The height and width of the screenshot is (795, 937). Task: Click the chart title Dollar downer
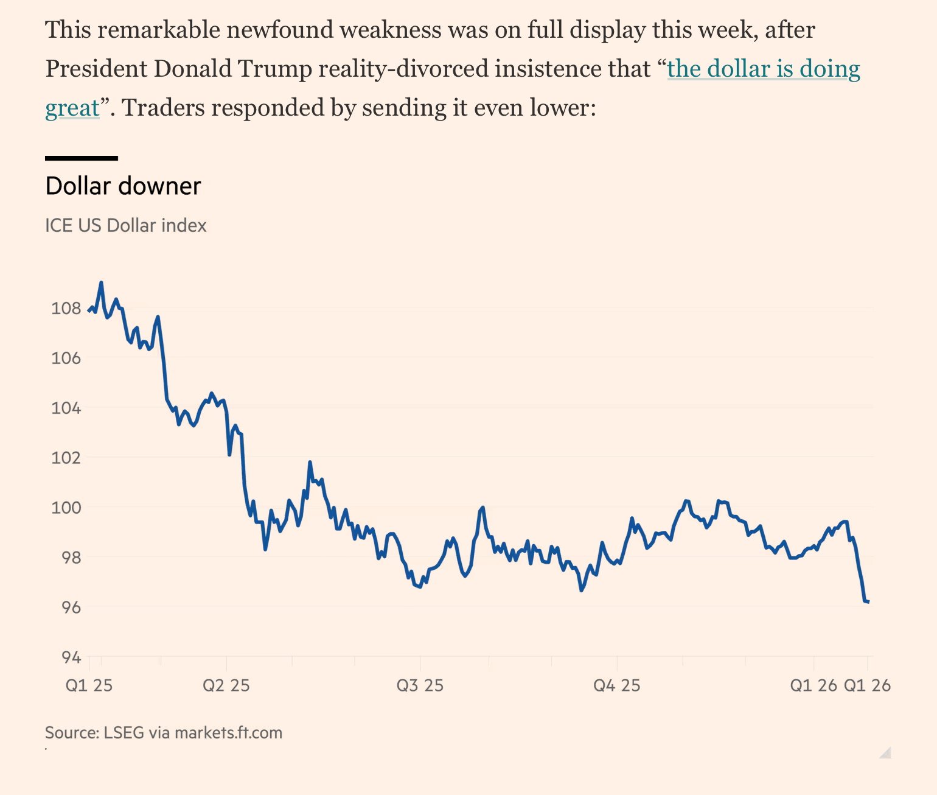(123, 186)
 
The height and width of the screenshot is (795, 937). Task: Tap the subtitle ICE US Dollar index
(126, 226)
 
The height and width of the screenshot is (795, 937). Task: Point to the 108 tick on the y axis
(66, 308)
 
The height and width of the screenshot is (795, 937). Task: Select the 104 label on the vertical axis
(66, 408)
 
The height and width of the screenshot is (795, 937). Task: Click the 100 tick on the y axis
(66, 507)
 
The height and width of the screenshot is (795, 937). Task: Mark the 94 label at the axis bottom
(71, 657)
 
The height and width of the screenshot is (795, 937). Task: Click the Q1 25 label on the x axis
(89, 685)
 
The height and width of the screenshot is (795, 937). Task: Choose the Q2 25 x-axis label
(226, 685)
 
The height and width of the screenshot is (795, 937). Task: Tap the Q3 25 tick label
(420, 685)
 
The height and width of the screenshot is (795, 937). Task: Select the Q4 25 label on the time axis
(617, 685)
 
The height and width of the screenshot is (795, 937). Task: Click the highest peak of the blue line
(101, 283)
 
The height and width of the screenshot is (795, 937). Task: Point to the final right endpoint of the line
(868, 602)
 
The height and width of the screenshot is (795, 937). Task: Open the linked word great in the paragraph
(72, 108)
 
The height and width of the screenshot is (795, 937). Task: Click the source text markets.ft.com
(228, 732)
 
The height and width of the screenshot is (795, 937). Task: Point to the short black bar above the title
(82, 158)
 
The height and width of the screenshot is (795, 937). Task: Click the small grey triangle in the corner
(885, 752)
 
